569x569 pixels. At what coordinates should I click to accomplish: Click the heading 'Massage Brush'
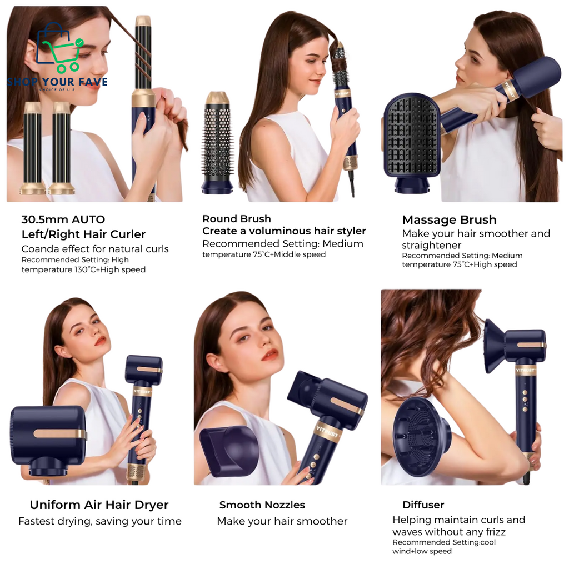click(x=449, y=219)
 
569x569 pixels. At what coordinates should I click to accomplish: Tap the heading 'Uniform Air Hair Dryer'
click(x=99, y=505)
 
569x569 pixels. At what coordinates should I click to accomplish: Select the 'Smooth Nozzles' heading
click(x=262, y=505)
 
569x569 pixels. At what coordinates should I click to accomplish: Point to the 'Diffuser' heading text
click(x=423, y=505)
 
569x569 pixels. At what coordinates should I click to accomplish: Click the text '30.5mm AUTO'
click(x=63, y=219)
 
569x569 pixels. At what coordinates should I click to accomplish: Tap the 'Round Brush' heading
click(x=237, y=218)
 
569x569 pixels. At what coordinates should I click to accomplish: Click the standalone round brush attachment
click(x=217, y=143)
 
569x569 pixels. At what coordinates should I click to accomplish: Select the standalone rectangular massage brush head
click(x=412, y=143)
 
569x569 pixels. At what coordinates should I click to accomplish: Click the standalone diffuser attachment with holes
click(x=422, y=436)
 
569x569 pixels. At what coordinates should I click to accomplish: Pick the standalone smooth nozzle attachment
click(x=229, y=451)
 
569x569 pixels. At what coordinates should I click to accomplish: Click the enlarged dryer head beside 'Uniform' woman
click(x=48, y=439)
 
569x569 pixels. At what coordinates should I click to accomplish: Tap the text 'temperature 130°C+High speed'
click(x=83, y=269)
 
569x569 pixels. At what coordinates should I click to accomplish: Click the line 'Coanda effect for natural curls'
click(x=95, y=249)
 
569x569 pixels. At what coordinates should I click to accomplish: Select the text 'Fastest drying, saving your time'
click(x=100, y=521)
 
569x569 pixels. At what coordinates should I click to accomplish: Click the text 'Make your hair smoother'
click(x=282, y=521)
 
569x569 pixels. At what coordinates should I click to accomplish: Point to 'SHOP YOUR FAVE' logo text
click(x=57, y=82)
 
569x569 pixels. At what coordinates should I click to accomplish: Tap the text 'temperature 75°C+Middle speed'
click(x=264, y=254)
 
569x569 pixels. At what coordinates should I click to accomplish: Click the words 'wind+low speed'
click(x=422, y=551)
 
